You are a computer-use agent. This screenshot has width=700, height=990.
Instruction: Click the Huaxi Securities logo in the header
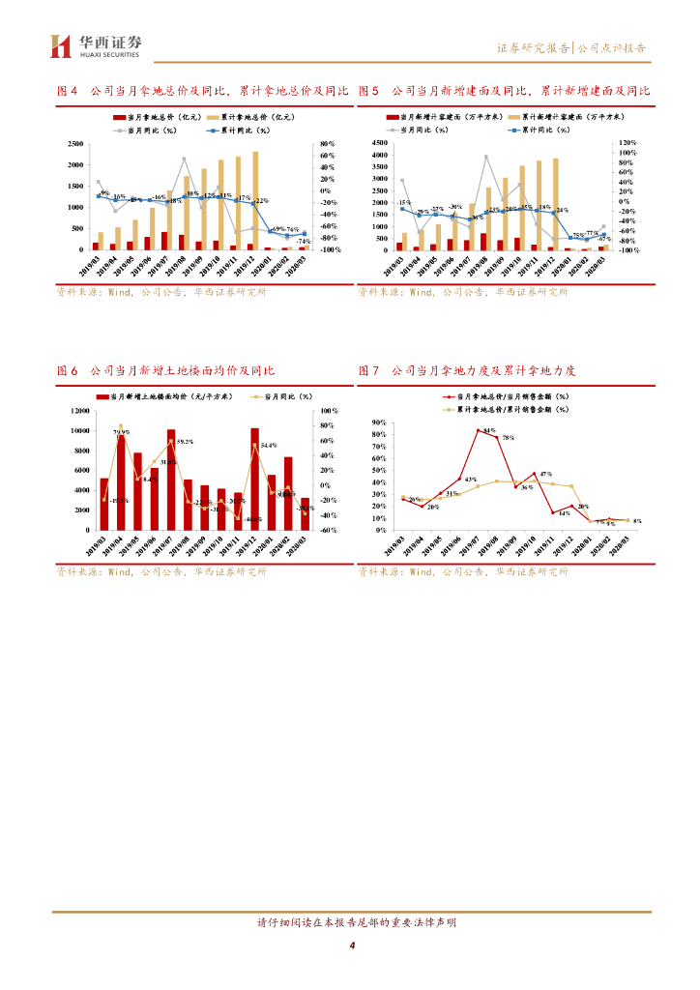pyautogui.click(x=96, y=44)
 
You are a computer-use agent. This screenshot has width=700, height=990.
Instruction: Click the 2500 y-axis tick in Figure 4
pyautogui.click(x=74, y=143)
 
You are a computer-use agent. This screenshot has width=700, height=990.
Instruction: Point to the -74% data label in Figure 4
pyautogui.click(x=303, y=241)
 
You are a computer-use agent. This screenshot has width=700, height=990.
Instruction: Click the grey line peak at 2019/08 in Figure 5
pyautogui.click(x=486, y=157)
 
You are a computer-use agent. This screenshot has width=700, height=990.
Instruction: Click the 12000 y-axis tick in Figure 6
pyautogui.click(x=79, y=411)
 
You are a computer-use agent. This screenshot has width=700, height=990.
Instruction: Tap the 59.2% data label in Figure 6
pyautogui.click(x=185, y=442)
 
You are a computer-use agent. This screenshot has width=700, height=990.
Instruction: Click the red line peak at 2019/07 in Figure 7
pyautogui.click(x=478, y=429)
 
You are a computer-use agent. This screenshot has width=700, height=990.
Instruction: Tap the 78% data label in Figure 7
pyautogui.click(x=507, y=438)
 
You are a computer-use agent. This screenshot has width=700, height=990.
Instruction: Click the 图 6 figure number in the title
pyautogui.click(x=67, y=370)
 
